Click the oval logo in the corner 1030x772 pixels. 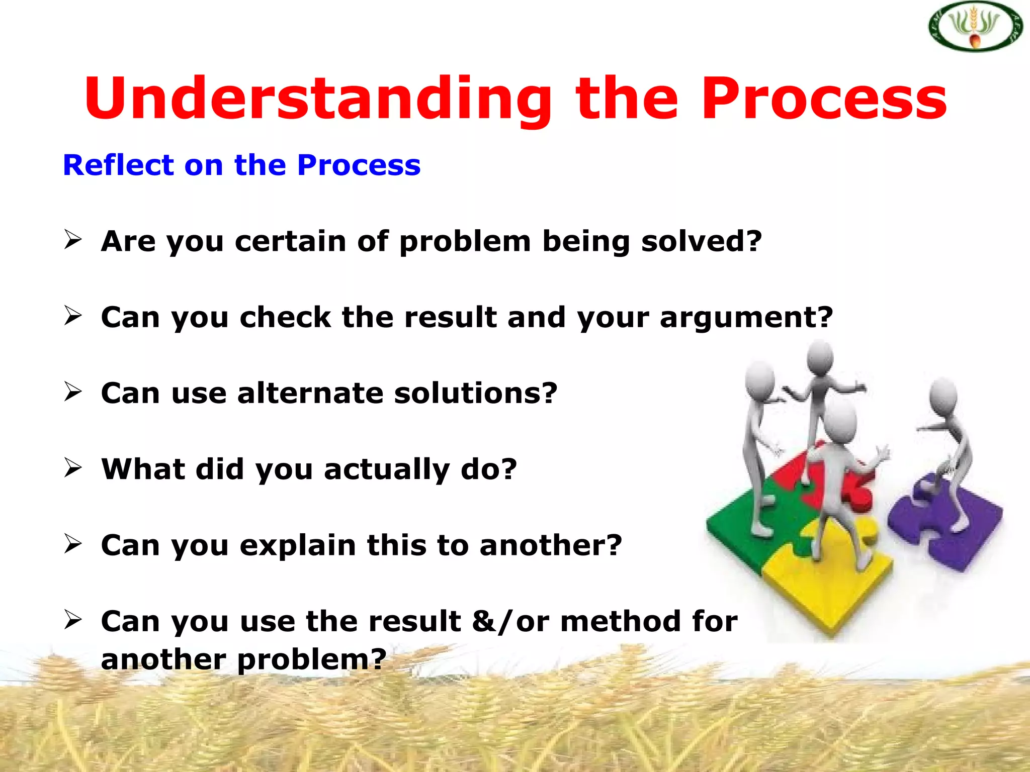pos(975,27)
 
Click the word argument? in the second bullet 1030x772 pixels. pos(746,318)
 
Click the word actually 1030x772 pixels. pos(386,470)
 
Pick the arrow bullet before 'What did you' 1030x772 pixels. pos(73,467)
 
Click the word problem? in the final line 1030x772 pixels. pos(311,659)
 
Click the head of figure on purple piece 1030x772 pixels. pos(942,395)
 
